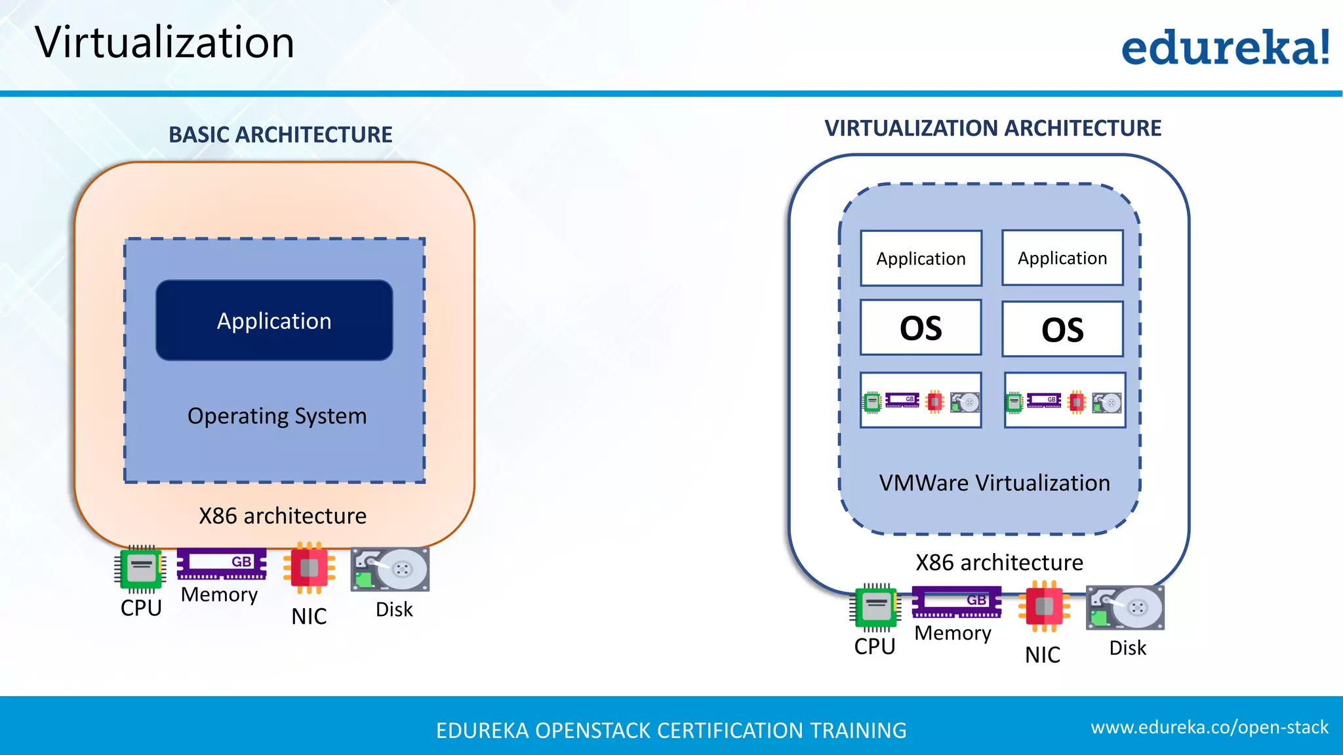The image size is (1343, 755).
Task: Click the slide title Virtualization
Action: (x=165, y=43)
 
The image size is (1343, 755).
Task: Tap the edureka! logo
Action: (x=1225, y=47)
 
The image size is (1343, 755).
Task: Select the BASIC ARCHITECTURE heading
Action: (x=280, y=135)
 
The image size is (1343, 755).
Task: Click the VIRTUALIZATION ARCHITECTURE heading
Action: (x=992, y=128)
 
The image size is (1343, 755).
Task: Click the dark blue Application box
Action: (x=274, y=320)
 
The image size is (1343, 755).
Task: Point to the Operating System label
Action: (x=277, y=416)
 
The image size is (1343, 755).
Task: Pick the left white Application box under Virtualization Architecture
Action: (x=921, y=259)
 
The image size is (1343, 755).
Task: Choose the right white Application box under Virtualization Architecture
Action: (x=1062, y=258)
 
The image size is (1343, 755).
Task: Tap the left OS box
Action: (x=921, y=328)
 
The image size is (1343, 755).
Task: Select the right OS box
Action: (x=1062, y=329)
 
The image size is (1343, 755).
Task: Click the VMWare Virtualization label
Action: (x=994, y=483)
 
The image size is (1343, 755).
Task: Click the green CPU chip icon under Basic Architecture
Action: (x=140, y=569)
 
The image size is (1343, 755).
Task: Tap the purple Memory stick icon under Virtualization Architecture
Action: (x=957, y=602)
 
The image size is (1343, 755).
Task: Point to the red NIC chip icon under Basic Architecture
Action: (x=309, y=568)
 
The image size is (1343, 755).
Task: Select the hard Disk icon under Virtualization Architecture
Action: (x=1125, y=608)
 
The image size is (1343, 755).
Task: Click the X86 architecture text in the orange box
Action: (x=283, y=516)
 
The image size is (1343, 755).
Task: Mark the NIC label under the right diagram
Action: (x=1042, y=655)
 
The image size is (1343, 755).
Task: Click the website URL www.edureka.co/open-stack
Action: (x=1209, y=727)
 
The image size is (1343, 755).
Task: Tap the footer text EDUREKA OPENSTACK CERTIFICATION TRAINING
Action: (x=671, y=731)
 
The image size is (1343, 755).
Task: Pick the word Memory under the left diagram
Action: (x=219, y=594)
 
